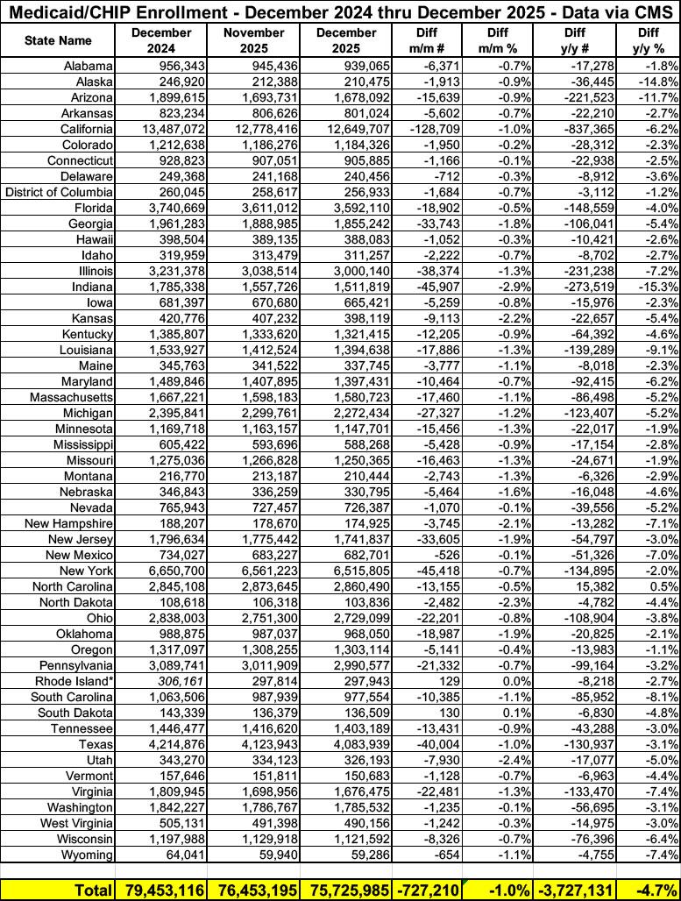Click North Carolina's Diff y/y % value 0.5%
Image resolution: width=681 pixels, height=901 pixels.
[x=663, y=586]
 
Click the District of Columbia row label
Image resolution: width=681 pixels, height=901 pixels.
[x=60, y=192]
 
